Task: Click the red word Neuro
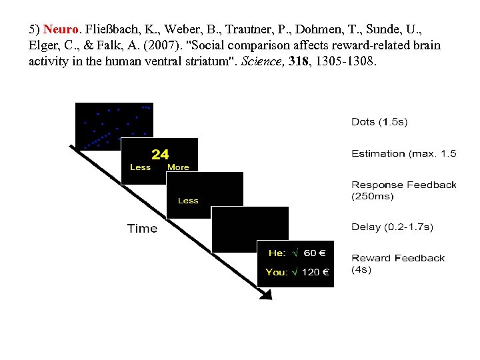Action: coord(61,30)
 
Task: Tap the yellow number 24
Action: coord(160,155)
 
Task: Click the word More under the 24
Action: coord(178,167)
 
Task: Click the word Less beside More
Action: coord(140,167)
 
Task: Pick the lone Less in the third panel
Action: coord(188,201)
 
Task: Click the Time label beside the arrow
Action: coord(142,229)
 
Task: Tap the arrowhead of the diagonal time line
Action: coord(267,295)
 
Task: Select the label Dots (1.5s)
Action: coord(379,122)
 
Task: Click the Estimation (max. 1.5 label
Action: coord(404,154)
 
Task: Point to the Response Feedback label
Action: coord(404,185)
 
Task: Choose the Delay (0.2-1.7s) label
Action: coord(392,227)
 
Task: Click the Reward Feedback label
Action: coord(398,259)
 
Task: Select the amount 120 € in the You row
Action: coord(315,272)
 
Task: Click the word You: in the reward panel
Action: coord(277,272)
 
